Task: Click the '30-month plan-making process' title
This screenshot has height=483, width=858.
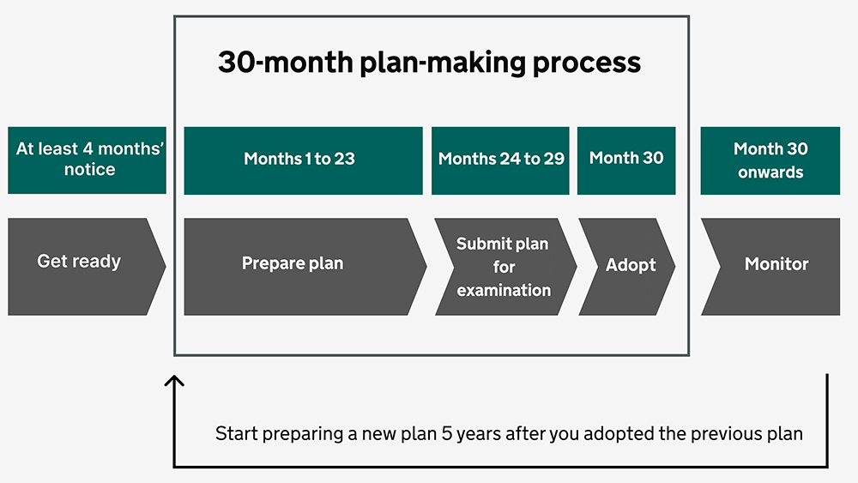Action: (x=429, y=63)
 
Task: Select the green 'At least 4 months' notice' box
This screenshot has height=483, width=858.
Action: (x=87, y=160)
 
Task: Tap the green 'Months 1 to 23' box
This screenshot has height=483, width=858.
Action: (x=303, y=160)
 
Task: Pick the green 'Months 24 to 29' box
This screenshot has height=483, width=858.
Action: (x=500, y=160)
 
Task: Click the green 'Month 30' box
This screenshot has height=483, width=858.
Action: (x=626, y=160)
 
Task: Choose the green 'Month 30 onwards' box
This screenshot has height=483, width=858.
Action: (x=770, y=160)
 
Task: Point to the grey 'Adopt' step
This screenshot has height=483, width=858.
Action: (x=625, y=266)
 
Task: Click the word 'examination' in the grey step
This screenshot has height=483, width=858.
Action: (x=504, y=290)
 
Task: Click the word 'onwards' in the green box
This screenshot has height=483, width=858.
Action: (x=770, y=172)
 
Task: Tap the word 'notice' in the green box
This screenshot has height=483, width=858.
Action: (x=89, y=170)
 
